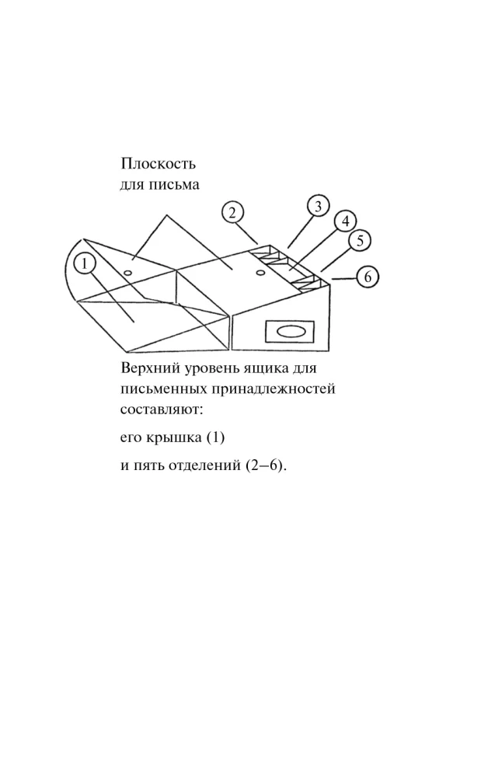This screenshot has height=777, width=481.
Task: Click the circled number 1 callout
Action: coord(85,264)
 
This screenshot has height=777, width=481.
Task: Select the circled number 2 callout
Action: coord(232,213)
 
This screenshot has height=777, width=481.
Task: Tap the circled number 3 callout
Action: coord(318,206)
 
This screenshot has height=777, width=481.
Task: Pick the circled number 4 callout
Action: coord(345,221)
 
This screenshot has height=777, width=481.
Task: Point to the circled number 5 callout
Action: coord(360,241)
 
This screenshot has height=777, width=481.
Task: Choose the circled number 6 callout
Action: coord(368,277)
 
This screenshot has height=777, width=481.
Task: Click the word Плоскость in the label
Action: coord(158,163)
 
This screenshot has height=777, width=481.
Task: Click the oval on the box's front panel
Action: coord(289,332)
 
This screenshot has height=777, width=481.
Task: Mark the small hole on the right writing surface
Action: coord(260,272)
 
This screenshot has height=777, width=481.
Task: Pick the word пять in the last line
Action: coord(149,467)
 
